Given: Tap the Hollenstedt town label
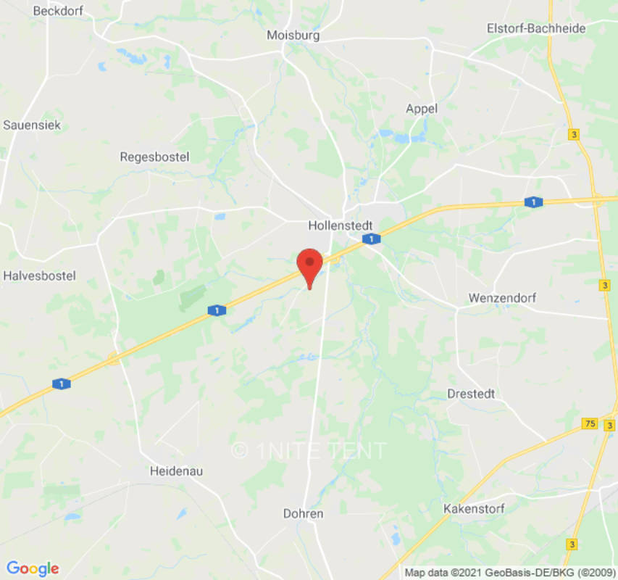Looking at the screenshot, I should coord(340,225).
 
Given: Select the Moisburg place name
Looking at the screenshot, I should coord(293,35).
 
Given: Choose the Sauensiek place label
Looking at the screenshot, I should coord(32,125).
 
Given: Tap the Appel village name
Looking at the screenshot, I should coord(421,109).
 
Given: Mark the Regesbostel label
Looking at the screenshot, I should coord(154,157).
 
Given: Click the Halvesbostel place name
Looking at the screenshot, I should coord(39,276).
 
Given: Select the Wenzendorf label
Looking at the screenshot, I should coord(499,298).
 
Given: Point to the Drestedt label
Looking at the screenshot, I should coord(471,394).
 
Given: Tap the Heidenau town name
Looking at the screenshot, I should coord(176,471).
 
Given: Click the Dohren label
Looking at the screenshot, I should coord(303,513).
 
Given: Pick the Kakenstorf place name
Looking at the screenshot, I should coord(474,509).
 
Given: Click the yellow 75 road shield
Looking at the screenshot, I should coord(590,423).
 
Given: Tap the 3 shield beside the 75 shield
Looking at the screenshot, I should coord(609,425).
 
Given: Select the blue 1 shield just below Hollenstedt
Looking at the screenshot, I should coord(371,239).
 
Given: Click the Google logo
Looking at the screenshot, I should coord(33,568).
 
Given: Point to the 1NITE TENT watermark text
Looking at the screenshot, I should coord(309,450).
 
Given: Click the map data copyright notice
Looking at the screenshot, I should coord(509,573).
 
